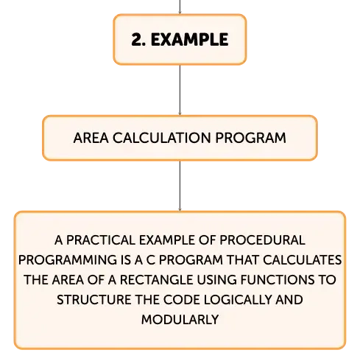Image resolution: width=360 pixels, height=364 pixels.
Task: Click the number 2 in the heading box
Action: coord(137,40)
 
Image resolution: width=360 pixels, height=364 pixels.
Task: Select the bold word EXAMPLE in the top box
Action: coord(190,40)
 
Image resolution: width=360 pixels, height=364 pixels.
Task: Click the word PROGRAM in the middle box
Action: coord(250,138)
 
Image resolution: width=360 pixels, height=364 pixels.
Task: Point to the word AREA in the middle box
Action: coord(91,138)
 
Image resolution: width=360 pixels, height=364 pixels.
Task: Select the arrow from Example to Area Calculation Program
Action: coord(180,90)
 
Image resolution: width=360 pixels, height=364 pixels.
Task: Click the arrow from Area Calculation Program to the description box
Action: coord(180,186)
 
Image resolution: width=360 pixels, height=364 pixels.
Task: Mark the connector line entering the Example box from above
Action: coord(180,7)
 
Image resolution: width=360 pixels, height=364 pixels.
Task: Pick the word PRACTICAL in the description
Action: coord(101,240)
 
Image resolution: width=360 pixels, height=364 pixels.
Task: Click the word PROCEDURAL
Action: coord(262,240)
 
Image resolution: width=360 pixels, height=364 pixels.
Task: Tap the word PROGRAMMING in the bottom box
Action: coord(68,260)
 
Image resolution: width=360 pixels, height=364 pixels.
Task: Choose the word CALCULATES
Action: coord(302,260)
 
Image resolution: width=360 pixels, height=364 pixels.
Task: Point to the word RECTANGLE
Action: coord(157,280)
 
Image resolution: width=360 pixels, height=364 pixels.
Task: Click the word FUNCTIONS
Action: coord(278,280)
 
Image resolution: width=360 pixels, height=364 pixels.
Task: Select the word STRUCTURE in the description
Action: coord(94,300)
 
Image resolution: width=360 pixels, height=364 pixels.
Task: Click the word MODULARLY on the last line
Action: coord(180,320)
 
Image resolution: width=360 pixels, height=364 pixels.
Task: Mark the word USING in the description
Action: coord(217,280)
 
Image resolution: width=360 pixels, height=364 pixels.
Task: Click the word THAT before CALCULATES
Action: coord(242,260)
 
